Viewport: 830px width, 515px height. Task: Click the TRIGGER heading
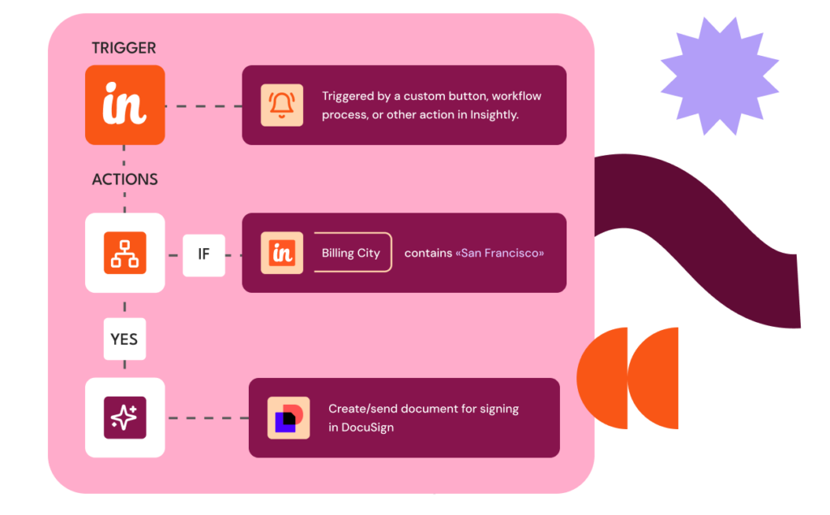pyautogui.click(x=123, y=48)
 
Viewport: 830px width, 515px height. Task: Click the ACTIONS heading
pyautogui.click(x=125, y=179)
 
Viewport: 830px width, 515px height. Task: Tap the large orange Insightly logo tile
pyautogui.click(x=125, y=105)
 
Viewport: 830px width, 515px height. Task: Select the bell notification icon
pyautogui.click(x=281, y=105)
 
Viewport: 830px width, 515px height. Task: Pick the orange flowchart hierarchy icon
pyautogui.click(x=125, y=253)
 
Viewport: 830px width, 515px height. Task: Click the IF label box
pyautogui.click(x=203, y=254)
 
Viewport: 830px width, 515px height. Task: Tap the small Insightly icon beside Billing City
pyautogui.click(x=281, y=253)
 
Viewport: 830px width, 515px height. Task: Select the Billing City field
pyautogui.click(x=351, y=253)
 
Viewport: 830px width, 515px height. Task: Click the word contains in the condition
pyautogui.click(x=428, y=253)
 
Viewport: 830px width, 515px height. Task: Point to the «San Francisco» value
pyautogui.click(x=500, y=253)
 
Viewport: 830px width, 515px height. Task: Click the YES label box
pyautogui.click(x=124, y=339)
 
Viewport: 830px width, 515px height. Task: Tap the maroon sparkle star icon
pyautogui.click(x=125, y=418)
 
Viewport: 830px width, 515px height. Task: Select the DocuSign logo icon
pyautogui.click(x=289, y=418)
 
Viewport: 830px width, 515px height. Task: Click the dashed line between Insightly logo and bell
pyautogui.click(x=203, y=106)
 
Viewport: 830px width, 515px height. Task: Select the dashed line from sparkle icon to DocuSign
pyautogui.click(x=207, y=418)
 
